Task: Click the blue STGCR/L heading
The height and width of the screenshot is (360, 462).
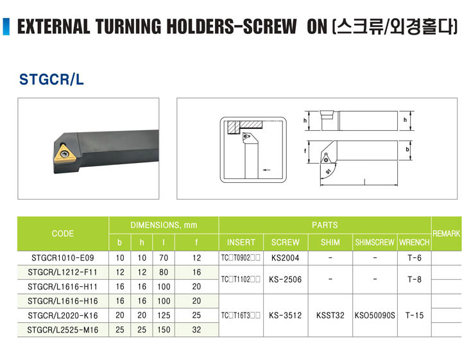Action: click(51, 79)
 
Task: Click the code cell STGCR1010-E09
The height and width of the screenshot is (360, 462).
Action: click(63, 258)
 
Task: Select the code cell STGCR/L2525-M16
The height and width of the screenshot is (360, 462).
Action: click(63, 330)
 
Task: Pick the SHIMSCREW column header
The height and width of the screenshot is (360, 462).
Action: click(375, 243)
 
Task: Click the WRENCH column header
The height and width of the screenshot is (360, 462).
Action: click(415, 243)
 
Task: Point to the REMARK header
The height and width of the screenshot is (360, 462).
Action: click(447, 234)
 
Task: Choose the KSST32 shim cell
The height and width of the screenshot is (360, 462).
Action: click(330, 316)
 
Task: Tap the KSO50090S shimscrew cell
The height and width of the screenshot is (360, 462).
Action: click(375, 316)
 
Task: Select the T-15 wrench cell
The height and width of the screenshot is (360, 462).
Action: click(415, 316)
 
